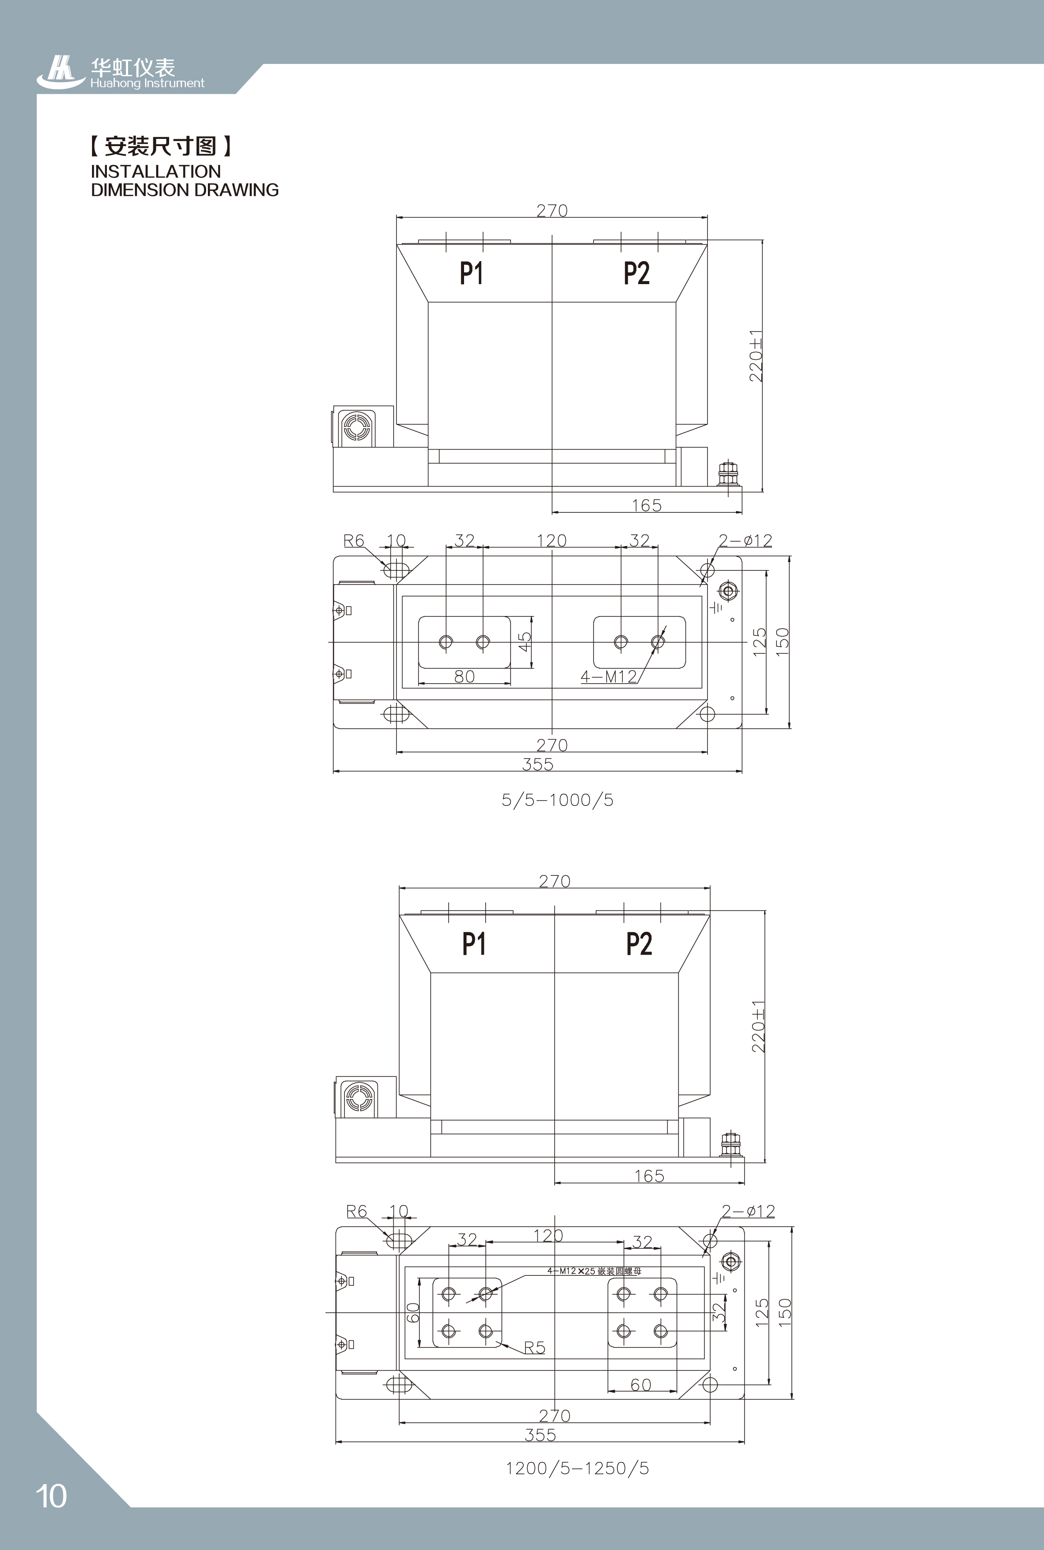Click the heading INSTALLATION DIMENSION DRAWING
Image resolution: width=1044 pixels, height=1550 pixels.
184,180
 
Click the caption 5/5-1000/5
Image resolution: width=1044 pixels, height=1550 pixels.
557,800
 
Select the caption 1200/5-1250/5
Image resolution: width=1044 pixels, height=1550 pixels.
577,1467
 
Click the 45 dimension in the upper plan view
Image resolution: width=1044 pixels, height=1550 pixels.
525,642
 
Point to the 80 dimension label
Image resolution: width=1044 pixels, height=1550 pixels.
464,676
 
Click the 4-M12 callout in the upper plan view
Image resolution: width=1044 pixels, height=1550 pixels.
608,676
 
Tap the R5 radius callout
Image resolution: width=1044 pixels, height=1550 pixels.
535,1347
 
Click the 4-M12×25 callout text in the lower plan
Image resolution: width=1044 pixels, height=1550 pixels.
594,1271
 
